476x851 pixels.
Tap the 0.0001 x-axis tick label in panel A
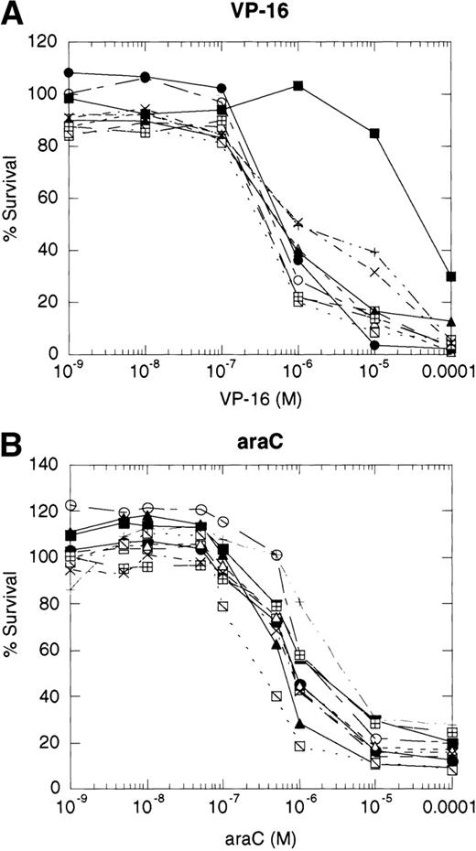pos(438,374)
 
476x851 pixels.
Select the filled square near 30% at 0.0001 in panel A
pos(450,276)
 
